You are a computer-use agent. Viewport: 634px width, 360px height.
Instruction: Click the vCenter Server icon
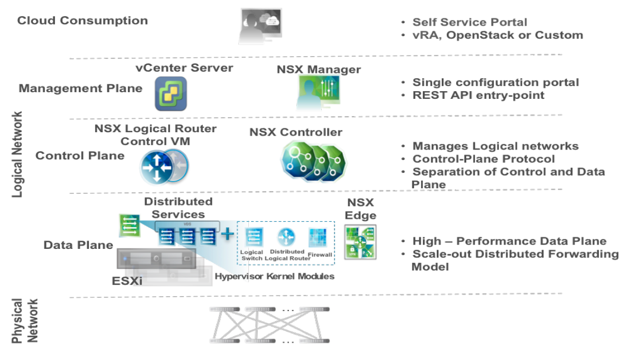(171, 93)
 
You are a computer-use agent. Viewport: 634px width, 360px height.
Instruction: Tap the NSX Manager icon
(318, 93)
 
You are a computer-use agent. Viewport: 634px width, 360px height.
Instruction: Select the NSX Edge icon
(360, 242)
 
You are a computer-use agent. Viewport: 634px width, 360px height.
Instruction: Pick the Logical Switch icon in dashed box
(252, 237)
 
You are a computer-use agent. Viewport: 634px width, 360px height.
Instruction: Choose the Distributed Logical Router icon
(286, 237)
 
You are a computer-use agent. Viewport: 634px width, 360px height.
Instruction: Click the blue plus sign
(227, 234)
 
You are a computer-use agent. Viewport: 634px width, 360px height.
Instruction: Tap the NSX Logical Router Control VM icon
(164, 166)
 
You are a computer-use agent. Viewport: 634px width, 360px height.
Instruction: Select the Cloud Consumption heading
(82, 21)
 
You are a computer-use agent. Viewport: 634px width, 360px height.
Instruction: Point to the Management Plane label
(81, 88)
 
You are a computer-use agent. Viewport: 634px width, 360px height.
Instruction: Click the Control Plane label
(80, 156)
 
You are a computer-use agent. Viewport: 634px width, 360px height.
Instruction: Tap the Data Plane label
(78, 245)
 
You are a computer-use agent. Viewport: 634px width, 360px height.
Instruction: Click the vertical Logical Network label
(18, 154)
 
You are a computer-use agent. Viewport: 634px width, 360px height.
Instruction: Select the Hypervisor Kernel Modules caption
(274, 276)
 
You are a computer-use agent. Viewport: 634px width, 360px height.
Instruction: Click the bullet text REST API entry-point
(478, 95)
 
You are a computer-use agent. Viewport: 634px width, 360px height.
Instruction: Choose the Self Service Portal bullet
(470, 22)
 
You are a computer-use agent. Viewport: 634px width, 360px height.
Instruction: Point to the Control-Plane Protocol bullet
(483, 159)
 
